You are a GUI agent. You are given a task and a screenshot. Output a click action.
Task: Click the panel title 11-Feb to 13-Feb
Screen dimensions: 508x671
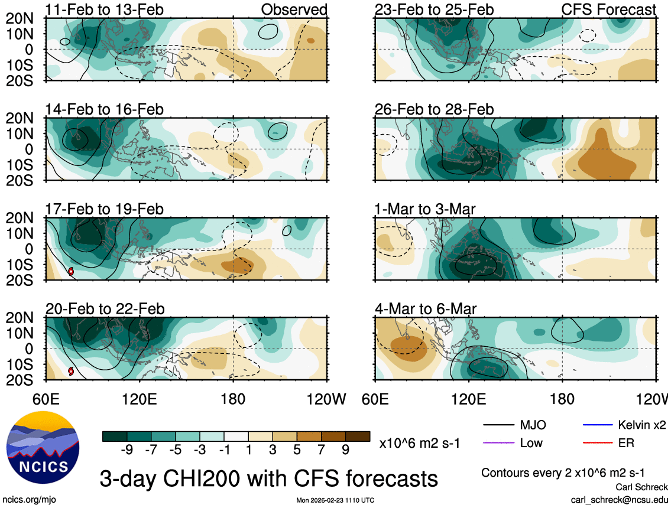[105, 10]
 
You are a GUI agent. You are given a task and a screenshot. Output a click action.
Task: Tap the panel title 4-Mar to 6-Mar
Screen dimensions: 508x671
[426, 309]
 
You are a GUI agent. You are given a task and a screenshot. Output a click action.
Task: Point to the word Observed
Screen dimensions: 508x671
[294, 10]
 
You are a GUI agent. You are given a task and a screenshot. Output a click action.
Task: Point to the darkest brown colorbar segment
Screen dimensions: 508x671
[358, 437]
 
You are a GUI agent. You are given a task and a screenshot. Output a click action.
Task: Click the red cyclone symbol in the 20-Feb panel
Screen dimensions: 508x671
[71, 372]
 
